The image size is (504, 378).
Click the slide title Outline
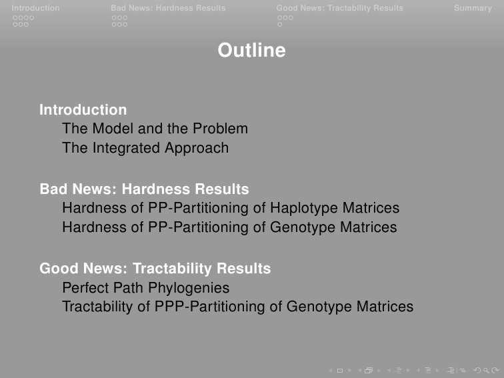coord(252,50)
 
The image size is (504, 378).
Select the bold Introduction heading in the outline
coord(83,109)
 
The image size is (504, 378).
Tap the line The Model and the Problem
coord(155,129)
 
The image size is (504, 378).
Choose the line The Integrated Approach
coord(145,148)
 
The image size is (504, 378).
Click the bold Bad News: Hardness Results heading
coord(144,189)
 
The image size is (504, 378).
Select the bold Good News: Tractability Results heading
coord(155,269)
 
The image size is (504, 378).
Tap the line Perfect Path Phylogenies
coord(146,288)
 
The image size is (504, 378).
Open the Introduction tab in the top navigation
coord(35,8)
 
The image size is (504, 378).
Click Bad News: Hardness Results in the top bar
coord(168,8)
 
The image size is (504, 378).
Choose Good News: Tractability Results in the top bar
coord(340,8)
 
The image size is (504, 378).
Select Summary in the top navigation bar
coord(473,8)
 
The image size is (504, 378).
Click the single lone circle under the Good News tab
coord(279,25)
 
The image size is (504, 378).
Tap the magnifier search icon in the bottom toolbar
coord(486,371)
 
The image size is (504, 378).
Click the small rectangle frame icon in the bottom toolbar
coord(340,371)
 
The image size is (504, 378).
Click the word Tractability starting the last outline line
coord(97,307)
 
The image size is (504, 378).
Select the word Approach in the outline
coord(197,149)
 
